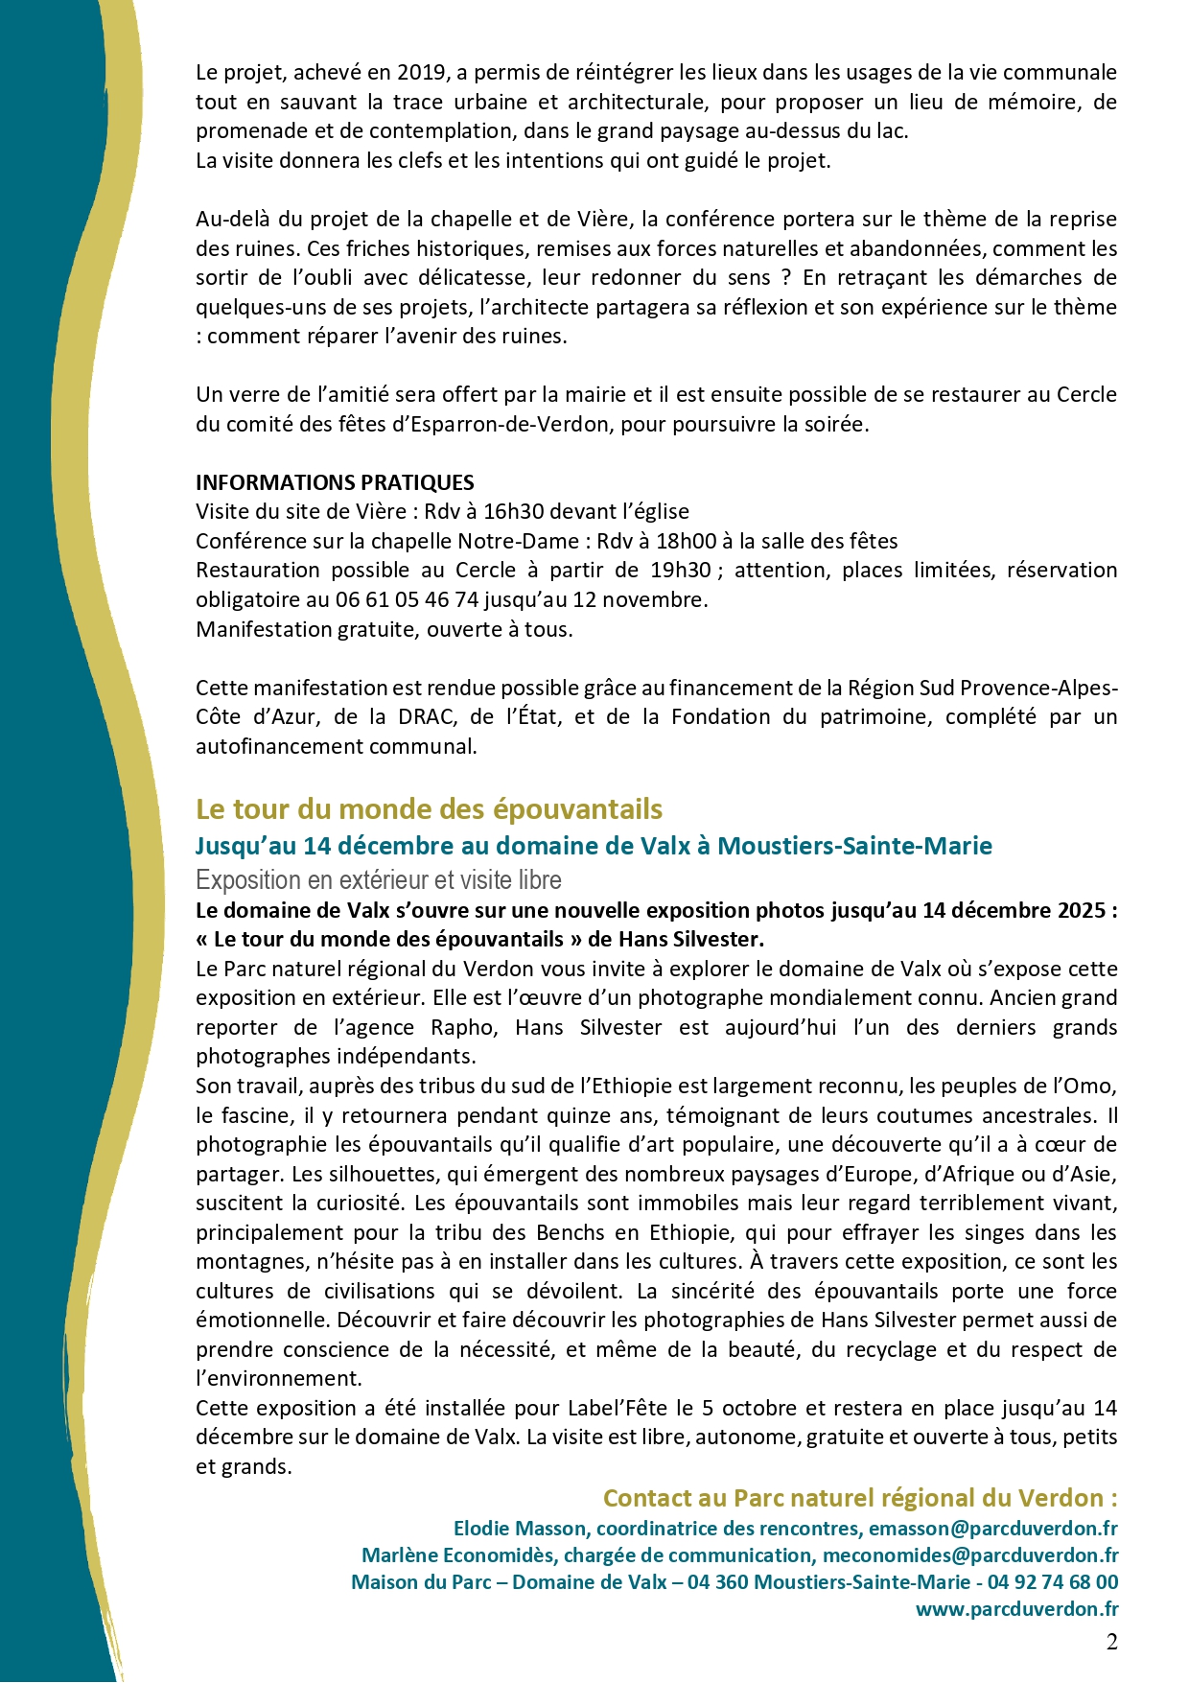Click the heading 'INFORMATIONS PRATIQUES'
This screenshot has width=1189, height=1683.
335,482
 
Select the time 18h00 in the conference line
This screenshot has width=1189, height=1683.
686,541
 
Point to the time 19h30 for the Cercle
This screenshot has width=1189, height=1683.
680,571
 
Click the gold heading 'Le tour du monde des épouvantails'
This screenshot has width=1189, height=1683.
429,809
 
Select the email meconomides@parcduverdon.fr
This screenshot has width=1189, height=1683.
970,1554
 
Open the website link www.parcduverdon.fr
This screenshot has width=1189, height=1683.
1016,1608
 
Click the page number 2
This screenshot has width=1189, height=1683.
1111,1642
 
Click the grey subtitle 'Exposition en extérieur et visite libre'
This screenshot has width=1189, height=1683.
379,880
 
